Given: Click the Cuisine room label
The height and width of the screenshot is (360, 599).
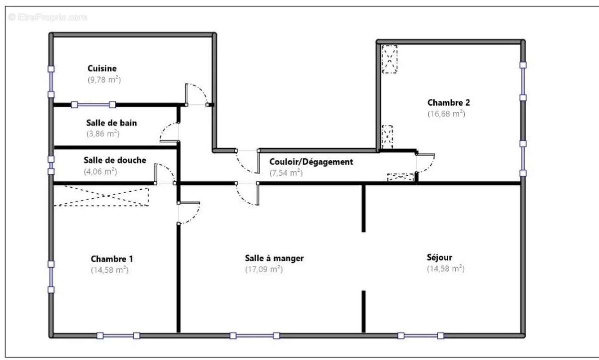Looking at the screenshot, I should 102,68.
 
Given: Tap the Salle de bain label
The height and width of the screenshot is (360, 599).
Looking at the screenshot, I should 111,122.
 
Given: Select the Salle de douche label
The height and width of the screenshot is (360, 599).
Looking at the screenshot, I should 115,160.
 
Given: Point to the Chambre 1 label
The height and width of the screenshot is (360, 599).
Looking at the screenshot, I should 112,259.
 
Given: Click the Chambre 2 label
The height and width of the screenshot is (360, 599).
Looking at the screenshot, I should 449,103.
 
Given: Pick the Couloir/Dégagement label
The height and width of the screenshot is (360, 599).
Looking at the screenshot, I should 311,162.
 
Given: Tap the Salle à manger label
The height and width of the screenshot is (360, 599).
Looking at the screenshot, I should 274,258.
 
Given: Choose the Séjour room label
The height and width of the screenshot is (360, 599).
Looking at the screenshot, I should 440,258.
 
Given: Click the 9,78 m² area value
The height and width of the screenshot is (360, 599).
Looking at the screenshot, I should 104,79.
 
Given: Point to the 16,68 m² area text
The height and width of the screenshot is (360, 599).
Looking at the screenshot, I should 446,114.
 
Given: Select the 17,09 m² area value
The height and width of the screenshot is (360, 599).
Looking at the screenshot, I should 264,269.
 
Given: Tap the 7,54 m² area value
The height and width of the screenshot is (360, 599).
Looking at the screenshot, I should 286,173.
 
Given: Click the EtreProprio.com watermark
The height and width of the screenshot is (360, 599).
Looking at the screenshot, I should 48,17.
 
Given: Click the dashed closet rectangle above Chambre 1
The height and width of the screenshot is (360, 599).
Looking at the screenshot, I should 101,195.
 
